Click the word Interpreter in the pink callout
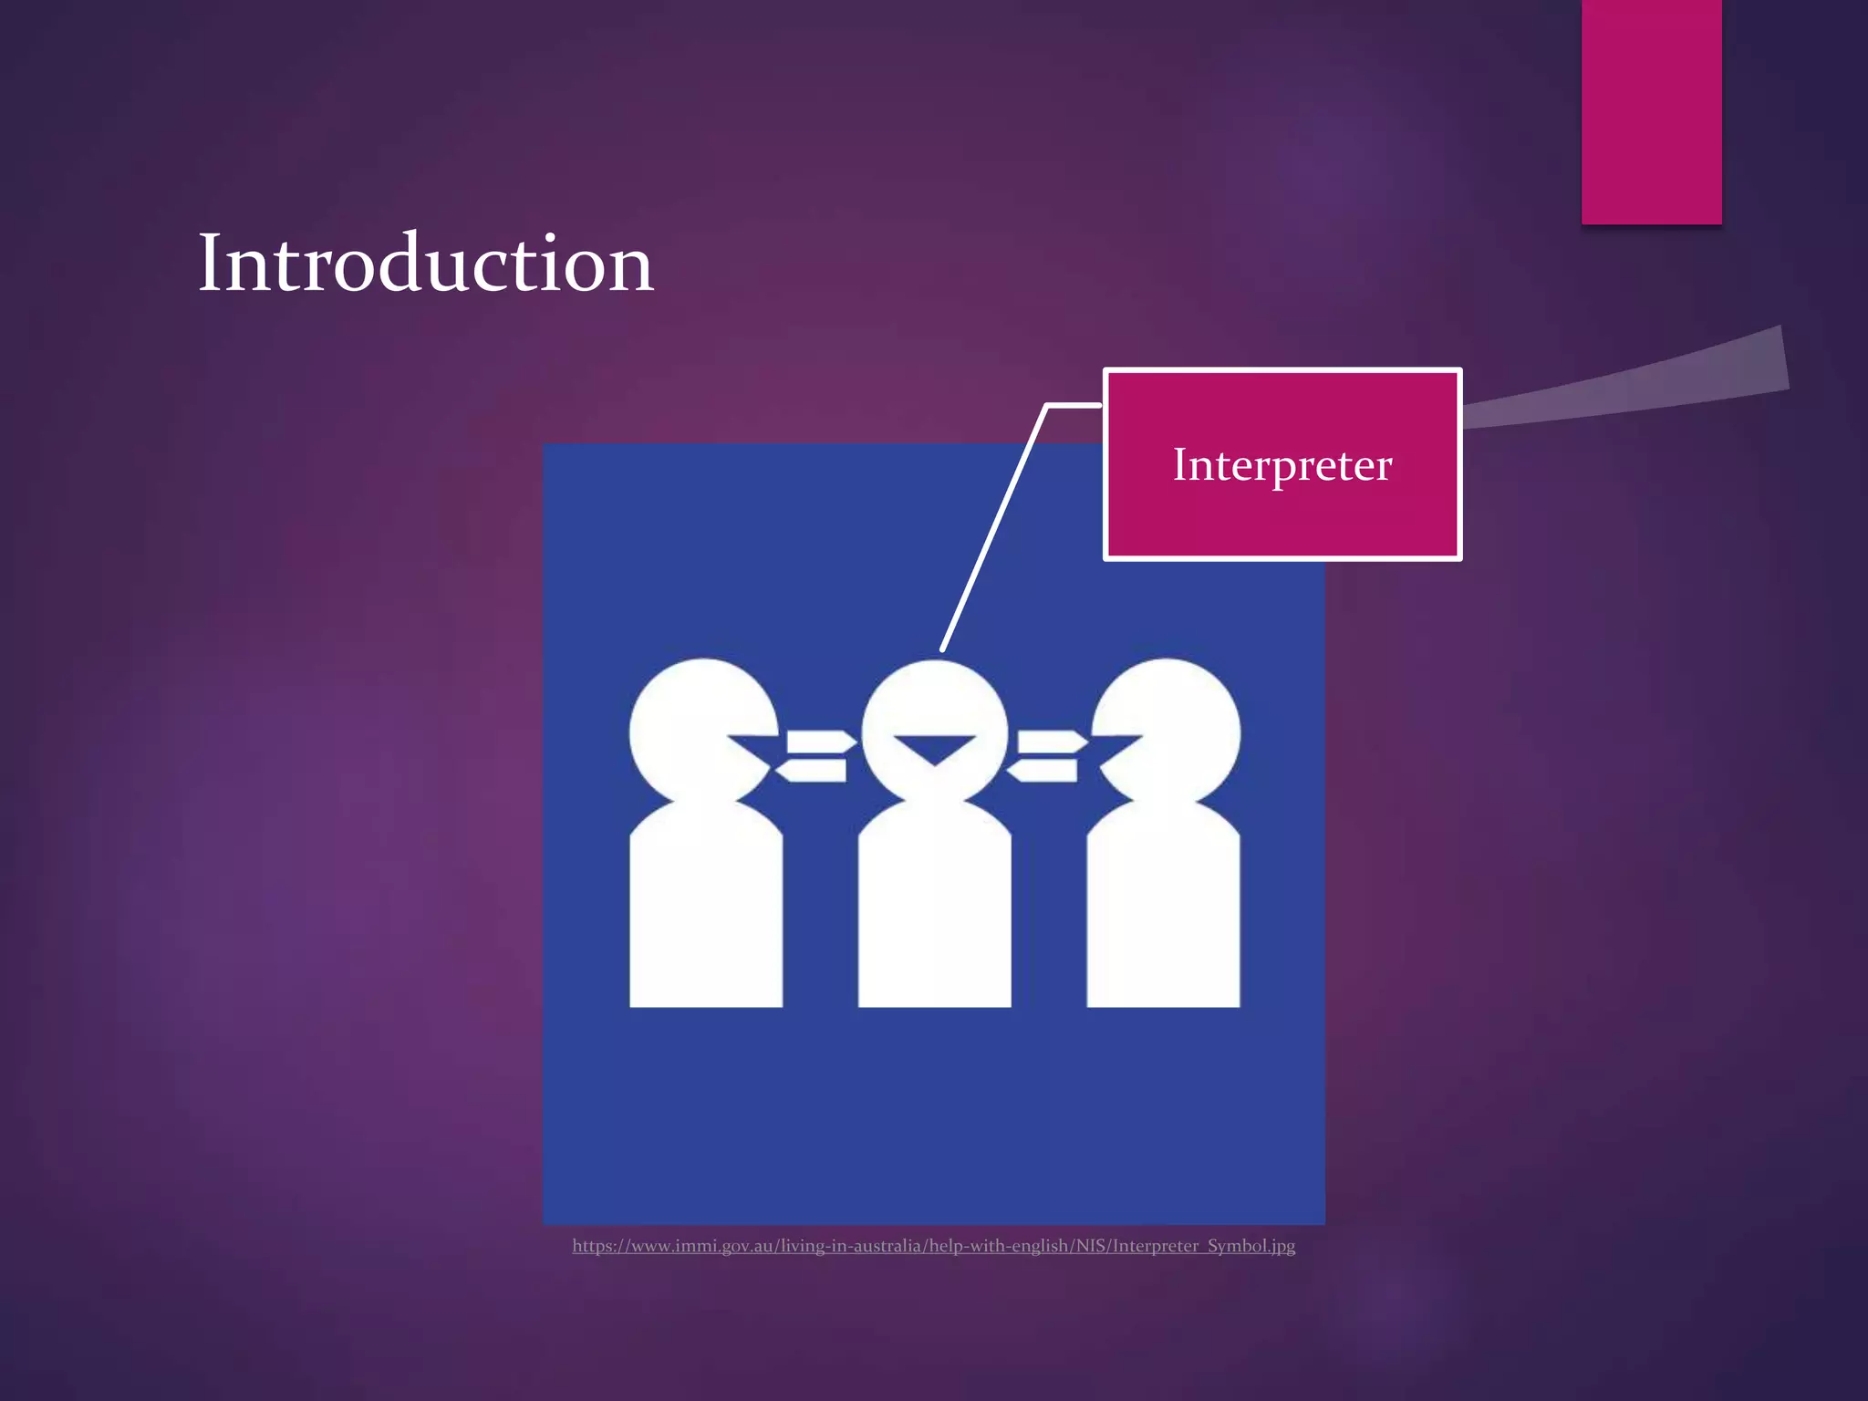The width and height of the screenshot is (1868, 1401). point(1282,465)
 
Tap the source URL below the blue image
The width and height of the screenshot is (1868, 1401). point(933,1246)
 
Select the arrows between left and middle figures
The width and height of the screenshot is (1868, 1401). point(816,756)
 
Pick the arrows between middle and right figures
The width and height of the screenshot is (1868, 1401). point(1047,756)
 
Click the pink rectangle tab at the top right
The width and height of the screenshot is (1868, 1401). point(1651,109)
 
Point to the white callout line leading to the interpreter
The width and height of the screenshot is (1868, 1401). point(994,529)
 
